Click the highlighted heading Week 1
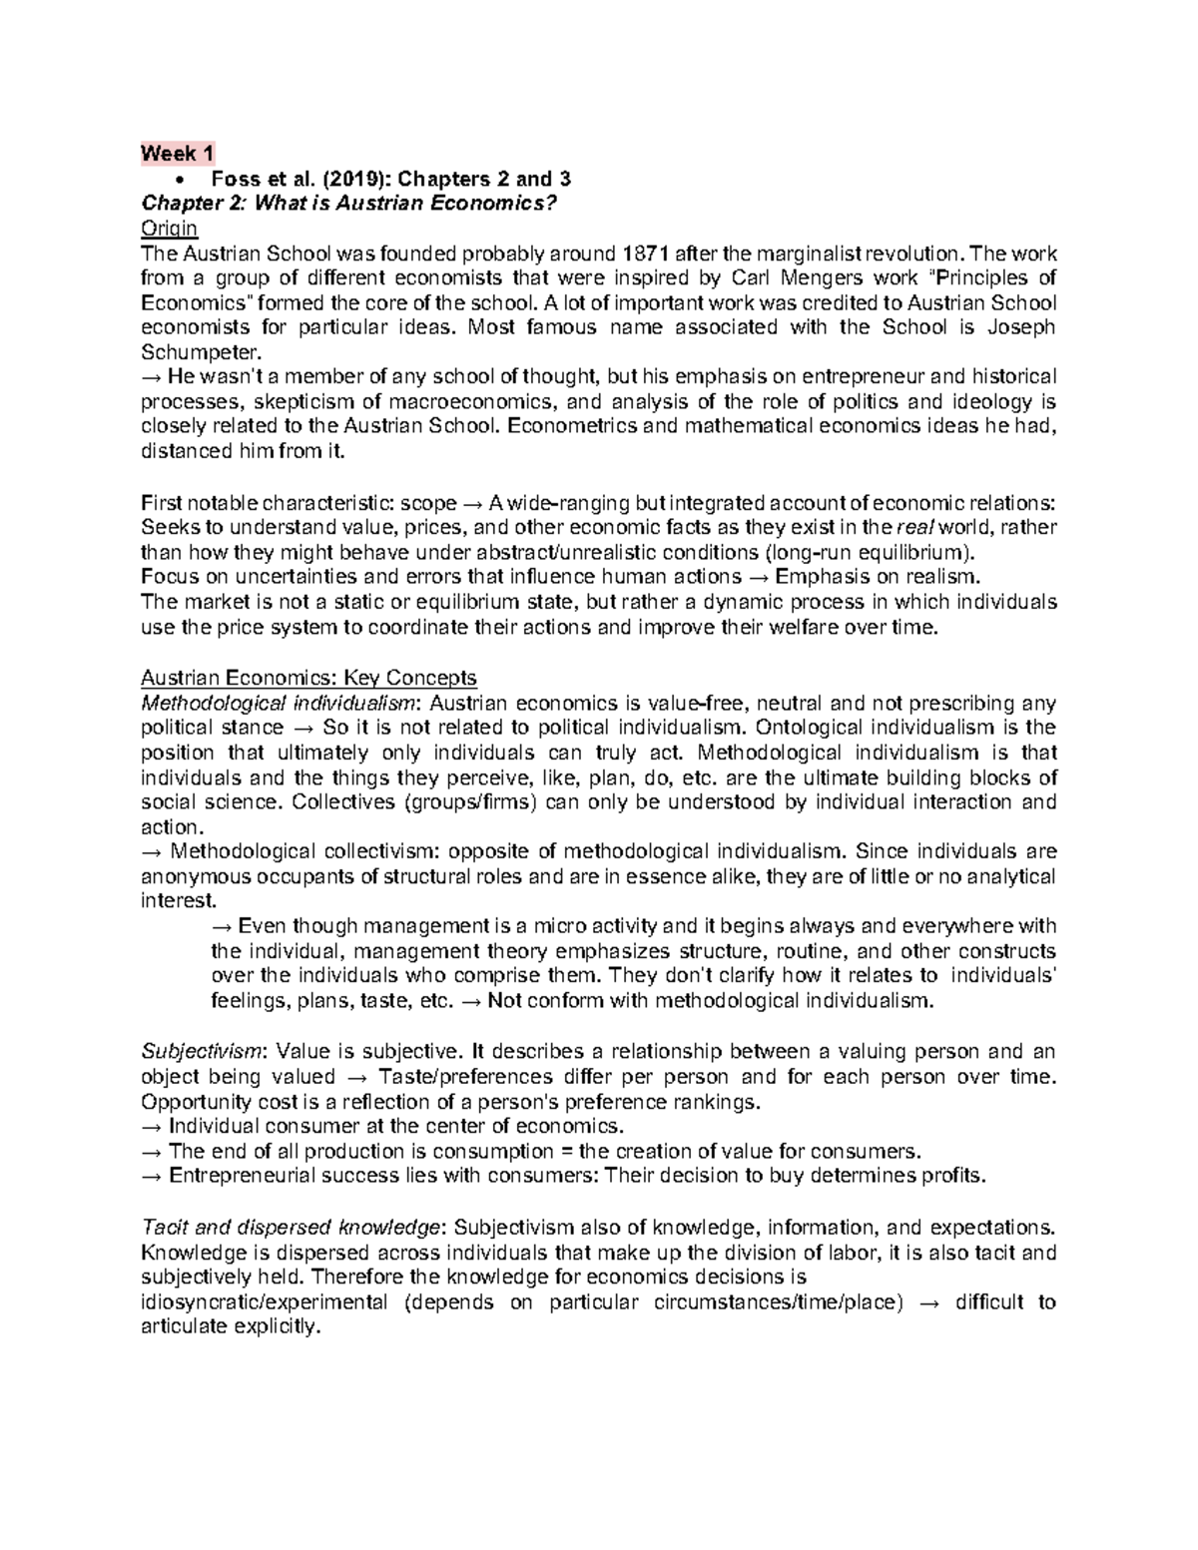point(177,154)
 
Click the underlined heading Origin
point(169,229)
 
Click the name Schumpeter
point(197,352)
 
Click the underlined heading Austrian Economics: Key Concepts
point(308,678)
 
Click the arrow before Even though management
point(222,926)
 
